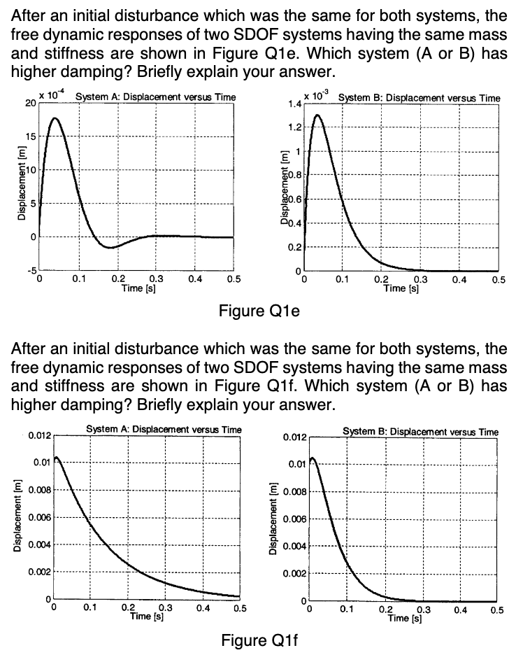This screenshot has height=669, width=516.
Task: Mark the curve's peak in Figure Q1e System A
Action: click(x=55, y=118)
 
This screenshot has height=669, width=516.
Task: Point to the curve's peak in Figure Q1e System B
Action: click(x=318, y=115)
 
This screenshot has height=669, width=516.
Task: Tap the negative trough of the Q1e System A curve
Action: click(x=110, y=247)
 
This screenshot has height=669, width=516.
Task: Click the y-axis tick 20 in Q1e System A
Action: click(x=29, y=104)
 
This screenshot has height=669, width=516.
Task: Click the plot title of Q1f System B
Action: click(x=421, y=432)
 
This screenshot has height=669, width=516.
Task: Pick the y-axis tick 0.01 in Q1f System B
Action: click(x=296, y=464)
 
